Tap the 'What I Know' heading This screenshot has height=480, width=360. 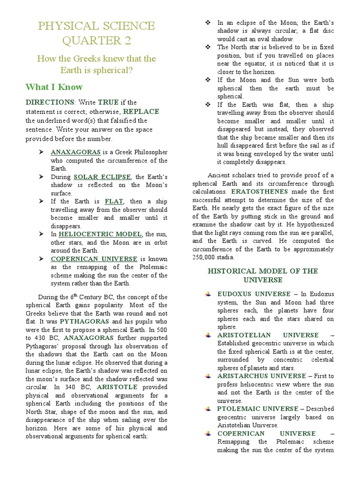point(54,87)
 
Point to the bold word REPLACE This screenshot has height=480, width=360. point(141,112)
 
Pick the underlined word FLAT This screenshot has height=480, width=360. point(114,201)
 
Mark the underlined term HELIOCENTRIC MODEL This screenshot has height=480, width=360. point(100,234)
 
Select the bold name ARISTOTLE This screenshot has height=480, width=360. point(117,387)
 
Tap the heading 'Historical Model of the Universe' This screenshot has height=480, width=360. point(262,275)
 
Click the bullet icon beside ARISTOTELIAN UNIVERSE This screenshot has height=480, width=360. point(208,335)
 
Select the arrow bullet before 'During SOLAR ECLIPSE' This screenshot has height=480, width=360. point(41,177)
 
